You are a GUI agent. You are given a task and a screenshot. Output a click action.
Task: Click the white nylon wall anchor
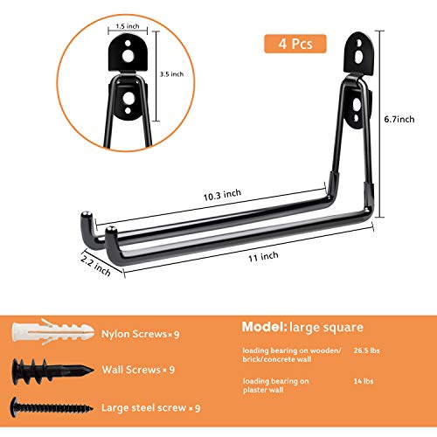(x=52, y=332)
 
